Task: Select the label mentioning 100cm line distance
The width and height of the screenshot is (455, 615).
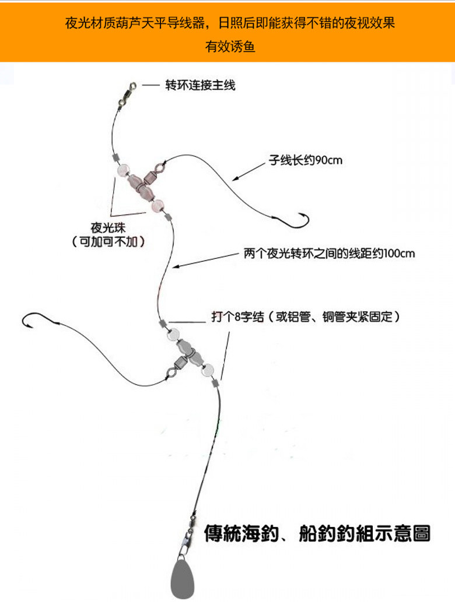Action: click(329, 254)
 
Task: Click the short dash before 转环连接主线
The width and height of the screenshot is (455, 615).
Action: click(152, 86)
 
